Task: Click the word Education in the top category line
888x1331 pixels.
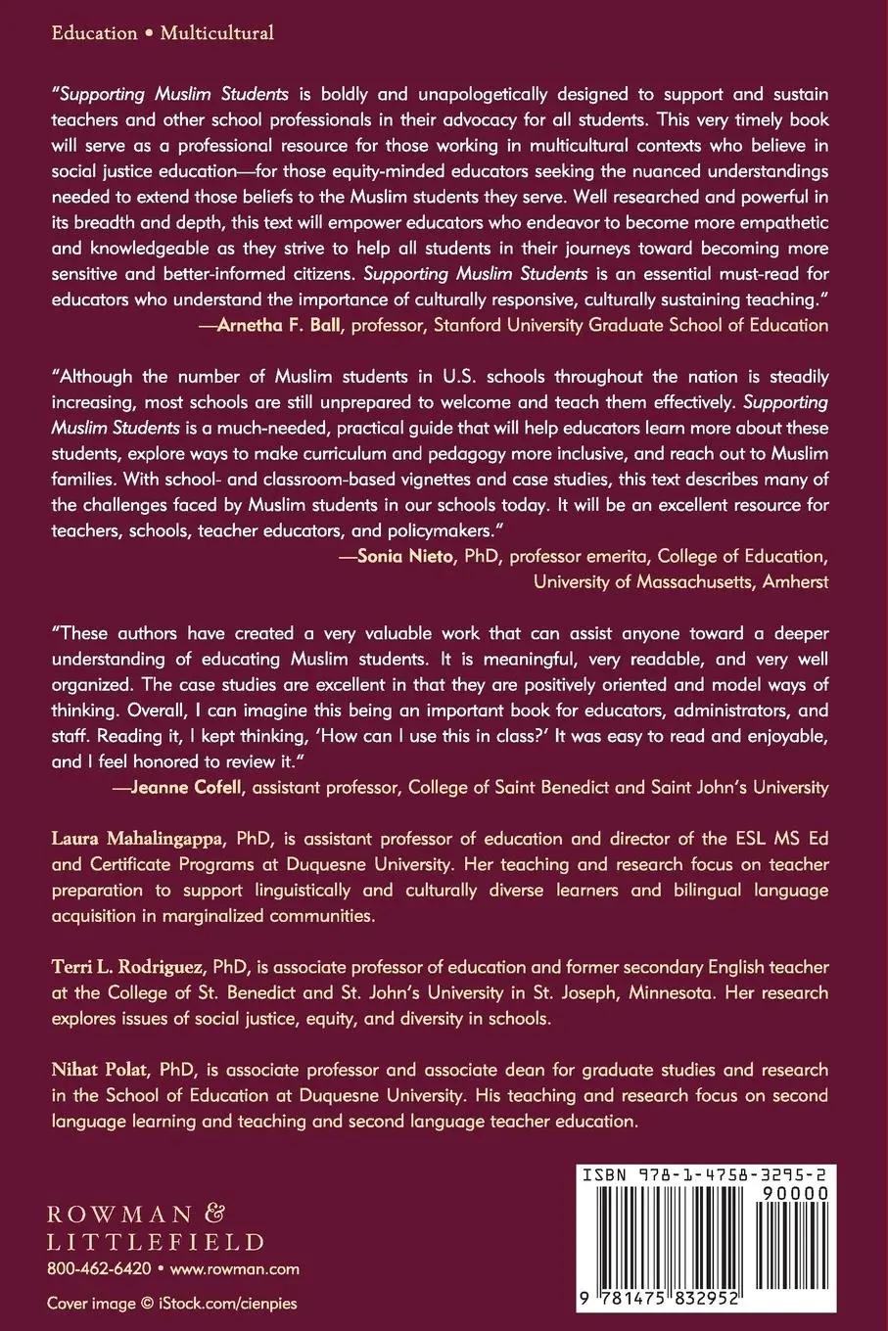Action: tap(94, 33)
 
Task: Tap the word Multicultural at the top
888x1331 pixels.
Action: tap(216, 33)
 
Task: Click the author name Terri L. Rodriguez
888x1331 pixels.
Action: tap(126, 967)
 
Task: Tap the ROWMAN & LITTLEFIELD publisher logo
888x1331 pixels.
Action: tap(156, 1228)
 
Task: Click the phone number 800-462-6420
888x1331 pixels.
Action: tap(99, 1268)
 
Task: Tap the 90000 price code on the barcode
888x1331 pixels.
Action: tap(795, 1193)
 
